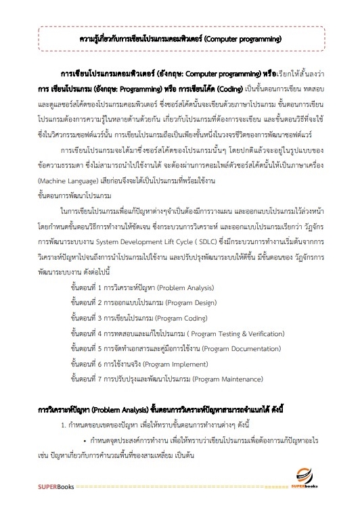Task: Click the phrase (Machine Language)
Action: pyautogui.click(x=68, y=181)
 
